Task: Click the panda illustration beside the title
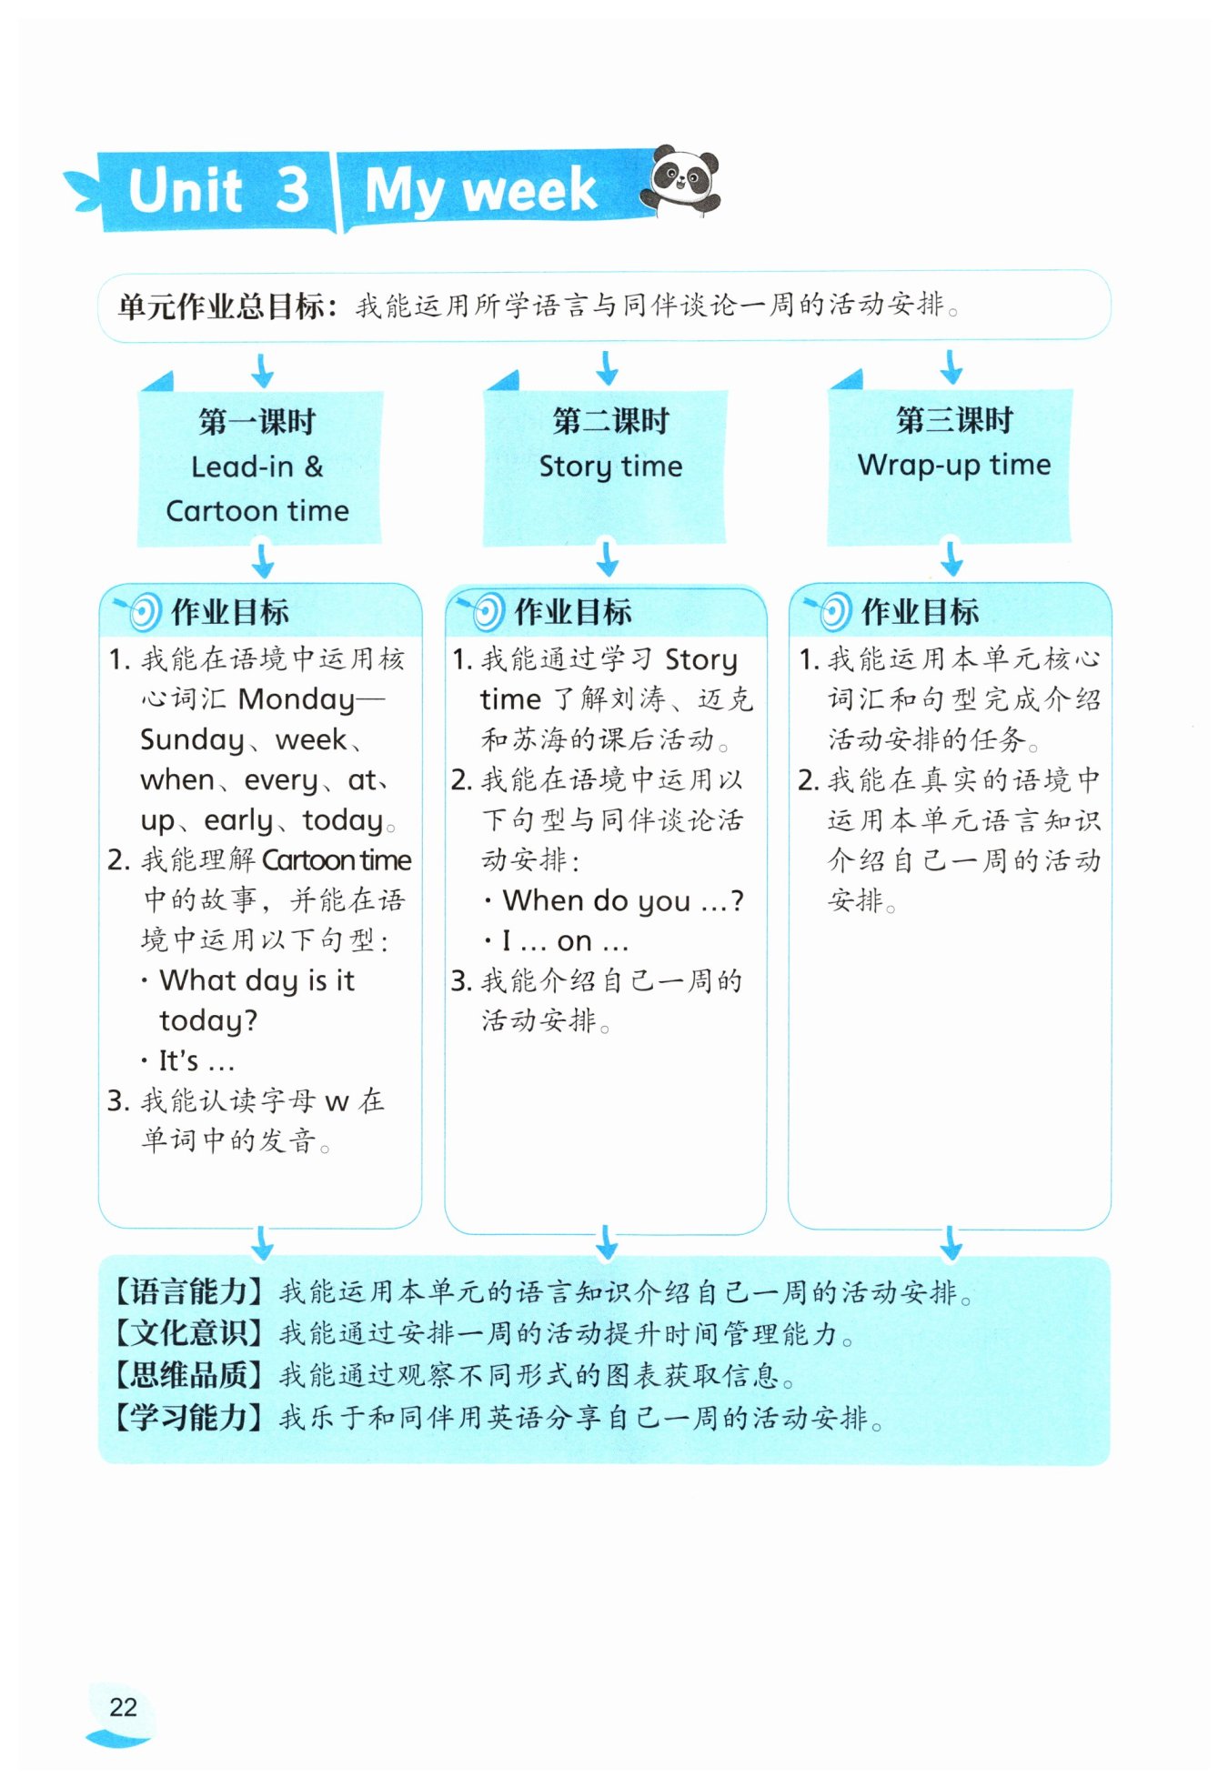(680, 181)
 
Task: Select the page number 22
(123, 1707)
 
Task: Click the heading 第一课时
(257, 422)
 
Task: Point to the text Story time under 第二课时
(610, 467)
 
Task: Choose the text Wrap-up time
(953, 465)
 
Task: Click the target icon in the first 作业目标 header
(140, 612)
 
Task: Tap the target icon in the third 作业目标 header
(831, 612)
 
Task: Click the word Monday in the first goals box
(297, 699)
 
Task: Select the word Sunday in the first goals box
(192, 740)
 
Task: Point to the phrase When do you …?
(623, 901)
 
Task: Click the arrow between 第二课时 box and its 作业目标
(607, 557)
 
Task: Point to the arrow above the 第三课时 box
(951, 366)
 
